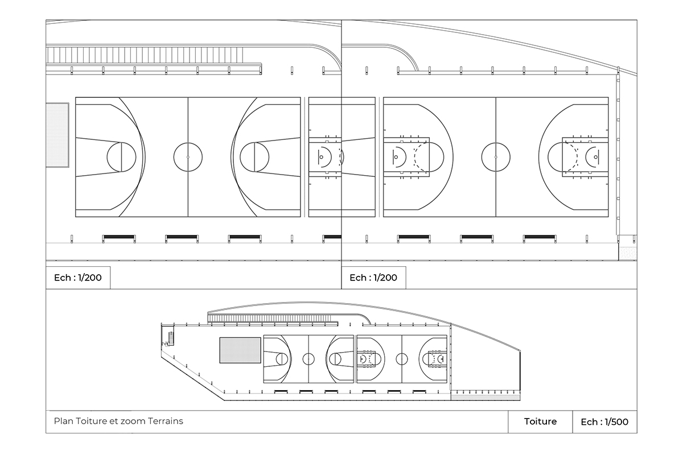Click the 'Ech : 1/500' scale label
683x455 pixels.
tap(604, 422)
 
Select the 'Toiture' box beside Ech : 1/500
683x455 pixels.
tap(540, 422)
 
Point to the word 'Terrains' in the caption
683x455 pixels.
tap(166, 421)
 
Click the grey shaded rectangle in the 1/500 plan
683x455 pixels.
tap(240, 350)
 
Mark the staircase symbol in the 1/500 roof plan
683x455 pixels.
tap(171, 338)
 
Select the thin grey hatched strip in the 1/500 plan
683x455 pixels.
tap(485, 398)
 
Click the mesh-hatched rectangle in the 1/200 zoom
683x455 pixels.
tap(57, 135)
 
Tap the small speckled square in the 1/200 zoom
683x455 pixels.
tap(628, 254)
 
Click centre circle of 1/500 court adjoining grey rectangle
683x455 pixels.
tap(308, 359)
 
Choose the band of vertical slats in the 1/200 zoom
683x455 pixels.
tap(145, 55)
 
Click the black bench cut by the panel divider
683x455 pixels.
tap(332, 237)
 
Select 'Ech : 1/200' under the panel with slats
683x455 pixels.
tap(78, 278)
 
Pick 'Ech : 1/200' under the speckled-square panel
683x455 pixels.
tap(373, 278)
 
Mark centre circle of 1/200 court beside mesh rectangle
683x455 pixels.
tap(188, 157)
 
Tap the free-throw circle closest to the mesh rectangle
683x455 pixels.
tap(121, 157)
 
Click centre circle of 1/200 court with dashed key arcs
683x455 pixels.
tap(496, 157)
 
